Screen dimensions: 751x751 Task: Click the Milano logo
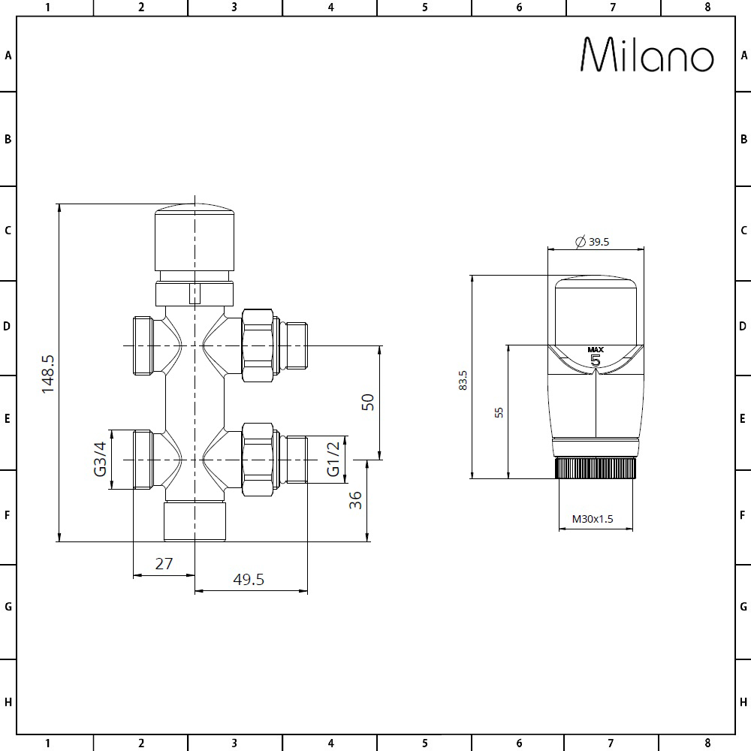647,55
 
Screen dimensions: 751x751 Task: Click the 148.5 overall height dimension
48,374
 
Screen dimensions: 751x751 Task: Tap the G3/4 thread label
100,460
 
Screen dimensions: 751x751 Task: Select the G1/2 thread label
333,460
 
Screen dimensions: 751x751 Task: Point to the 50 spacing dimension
367,402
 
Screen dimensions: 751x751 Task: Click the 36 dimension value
355,500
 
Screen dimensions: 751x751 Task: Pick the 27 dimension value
164,564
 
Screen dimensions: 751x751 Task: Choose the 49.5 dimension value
249,580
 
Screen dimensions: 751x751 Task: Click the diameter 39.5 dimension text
593,242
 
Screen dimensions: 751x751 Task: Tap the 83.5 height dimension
463,380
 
